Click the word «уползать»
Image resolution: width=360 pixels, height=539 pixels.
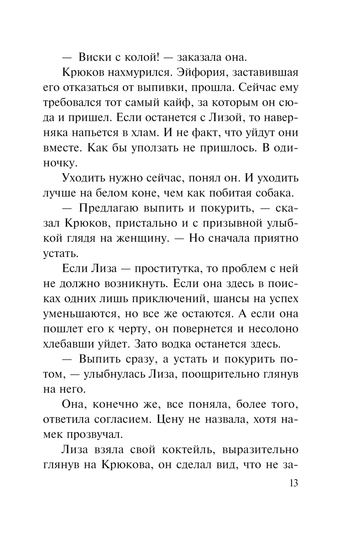pyautogui.click(x=133, y=148)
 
